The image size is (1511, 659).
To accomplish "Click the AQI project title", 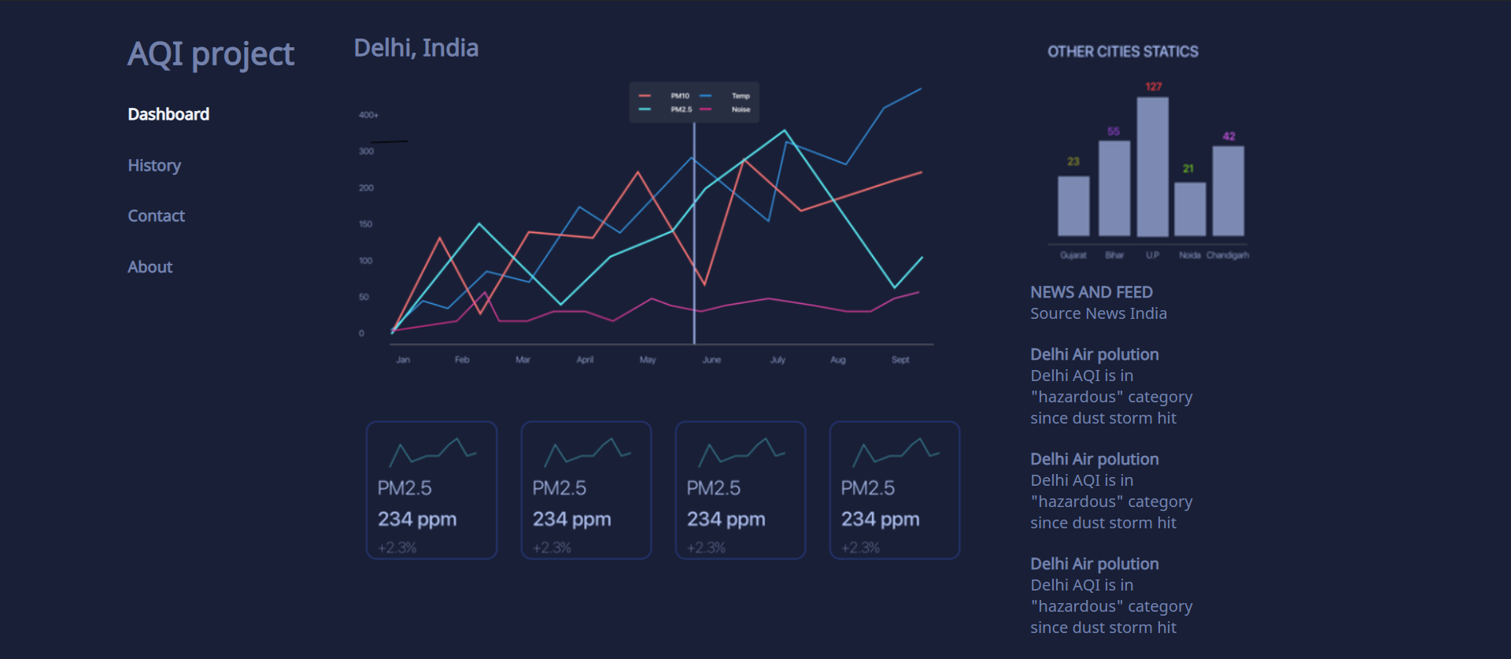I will pyautogui.click(x=211, y=54).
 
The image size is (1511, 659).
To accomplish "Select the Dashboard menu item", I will pyautogui.click(x=168, y=114).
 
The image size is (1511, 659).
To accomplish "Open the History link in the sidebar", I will pyautogui.click(x=154, y=165).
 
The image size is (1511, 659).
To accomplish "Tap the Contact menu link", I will pyautogui.click(x=156, y=216).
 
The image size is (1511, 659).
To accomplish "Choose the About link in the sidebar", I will pyautogui.click(x=150, y=267).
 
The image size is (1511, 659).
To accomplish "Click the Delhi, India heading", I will pyautogui.click(x=416, y=48).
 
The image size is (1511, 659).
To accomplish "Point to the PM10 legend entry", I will pyautogui.click(x=679, y=96).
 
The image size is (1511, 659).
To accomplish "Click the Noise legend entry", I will pyautogui.click(x=741, y=109).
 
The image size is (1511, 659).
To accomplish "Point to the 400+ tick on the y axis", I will pyautogui.click(x=368, y=115).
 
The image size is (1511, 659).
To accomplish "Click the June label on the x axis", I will pyautogui.click(x=711, y=360).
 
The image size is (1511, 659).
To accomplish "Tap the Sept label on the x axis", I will pyautogui.click(x=900, y=360).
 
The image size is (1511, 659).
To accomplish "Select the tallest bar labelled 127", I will pyautogui.click(x=1152, y=166).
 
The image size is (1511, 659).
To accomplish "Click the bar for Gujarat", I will pyautogui.click(x=1073, y=205).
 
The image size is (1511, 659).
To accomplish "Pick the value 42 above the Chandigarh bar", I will pyautogui.click(x=1228, y=136).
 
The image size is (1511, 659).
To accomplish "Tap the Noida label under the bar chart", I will pyautogui.click(x=1190, y=255).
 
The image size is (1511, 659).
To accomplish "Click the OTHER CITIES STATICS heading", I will pyautogui.click(x=1122, y=52).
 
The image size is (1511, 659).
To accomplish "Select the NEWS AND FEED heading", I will pyautogui.click(x=1091, y=292).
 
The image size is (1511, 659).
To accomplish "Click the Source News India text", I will pyautogui.click(x=1098, y=313).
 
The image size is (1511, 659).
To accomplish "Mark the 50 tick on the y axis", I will pyautogui.click(x=364, y=297).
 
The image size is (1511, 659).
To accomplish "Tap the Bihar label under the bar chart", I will pyautogui.click(x=1114, y=255).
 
